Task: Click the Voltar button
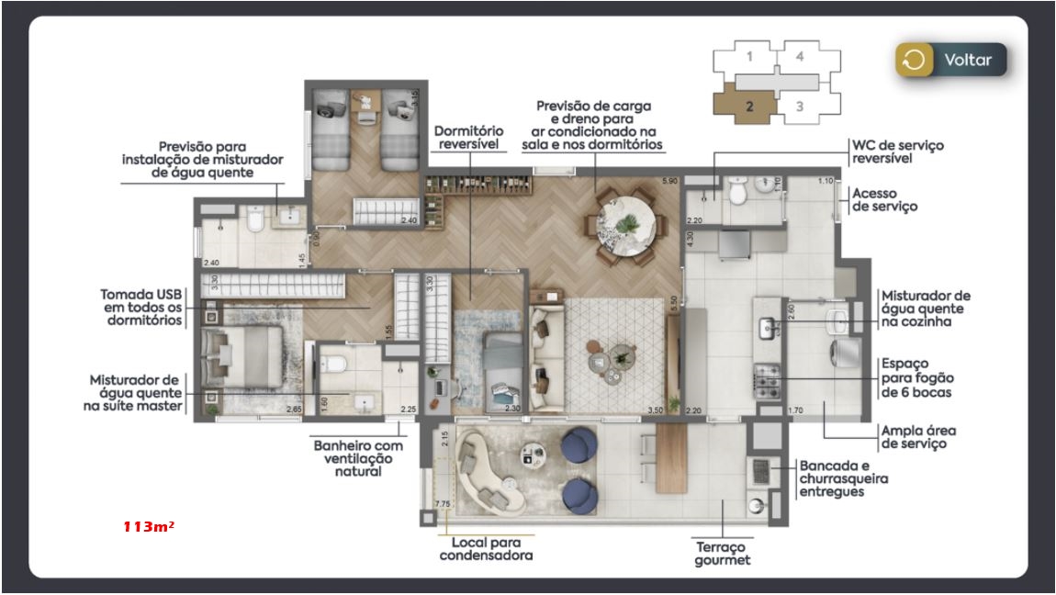point(951,61)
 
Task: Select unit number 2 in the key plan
point(749,106)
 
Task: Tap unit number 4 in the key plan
point(800,56)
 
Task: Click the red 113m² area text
point(149,527)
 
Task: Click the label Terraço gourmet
point(724,553)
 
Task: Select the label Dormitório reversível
point(467,138)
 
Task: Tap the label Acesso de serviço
point(884,199)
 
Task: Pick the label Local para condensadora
point(486,549)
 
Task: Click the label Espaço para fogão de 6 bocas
point(916,377)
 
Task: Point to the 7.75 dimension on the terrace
point(443,504)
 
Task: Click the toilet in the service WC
point(738,194)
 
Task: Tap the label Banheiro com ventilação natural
point(353,457)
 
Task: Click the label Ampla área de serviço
point(913,436)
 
